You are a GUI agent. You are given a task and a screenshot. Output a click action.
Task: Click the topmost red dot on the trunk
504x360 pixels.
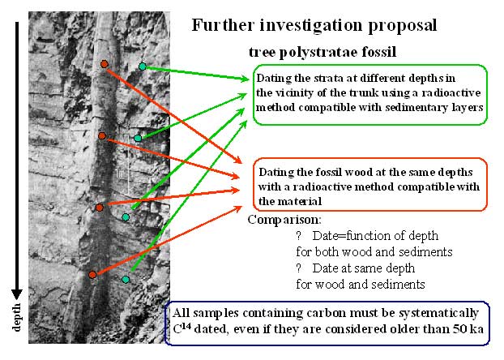tap(105, 64)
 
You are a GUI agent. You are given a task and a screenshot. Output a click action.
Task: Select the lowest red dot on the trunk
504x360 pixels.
tap(92, 275)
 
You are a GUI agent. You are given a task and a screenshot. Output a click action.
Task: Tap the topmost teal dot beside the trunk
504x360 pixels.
tap(143, 66)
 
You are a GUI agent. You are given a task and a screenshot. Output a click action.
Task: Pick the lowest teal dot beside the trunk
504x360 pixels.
tap(126, 279)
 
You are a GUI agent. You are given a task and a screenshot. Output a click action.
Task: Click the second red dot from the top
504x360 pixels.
tap(102, 135)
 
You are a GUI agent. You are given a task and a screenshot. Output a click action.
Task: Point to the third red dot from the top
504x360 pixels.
tap(100, 208)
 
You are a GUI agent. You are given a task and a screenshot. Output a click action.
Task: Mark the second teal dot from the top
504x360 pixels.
tap(138, 139)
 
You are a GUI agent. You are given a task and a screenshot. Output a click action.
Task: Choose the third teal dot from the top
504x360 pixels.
tap(126, 217)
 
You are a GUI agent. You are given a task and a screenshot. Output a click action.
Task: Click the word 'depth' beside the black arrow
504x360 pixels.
tap(16, 317)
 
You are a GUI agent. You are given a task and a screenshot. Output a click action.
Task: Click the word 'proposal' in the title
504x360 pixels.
tap(403, 26)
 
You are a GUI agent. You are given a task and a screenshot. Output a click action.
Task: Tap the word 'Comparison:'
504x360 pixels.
tap(284, 220)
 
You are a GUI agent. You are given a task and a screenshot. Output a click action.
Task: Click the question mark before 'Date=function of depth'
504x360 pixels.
tap(299, 236)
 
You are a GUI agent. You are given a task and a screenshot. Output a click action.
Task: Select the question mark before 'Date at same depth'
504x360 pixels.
tap(299, 268)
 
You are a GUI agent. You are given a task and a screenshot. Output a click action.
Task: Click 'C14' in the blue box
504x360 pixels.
tap(182, 329)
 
